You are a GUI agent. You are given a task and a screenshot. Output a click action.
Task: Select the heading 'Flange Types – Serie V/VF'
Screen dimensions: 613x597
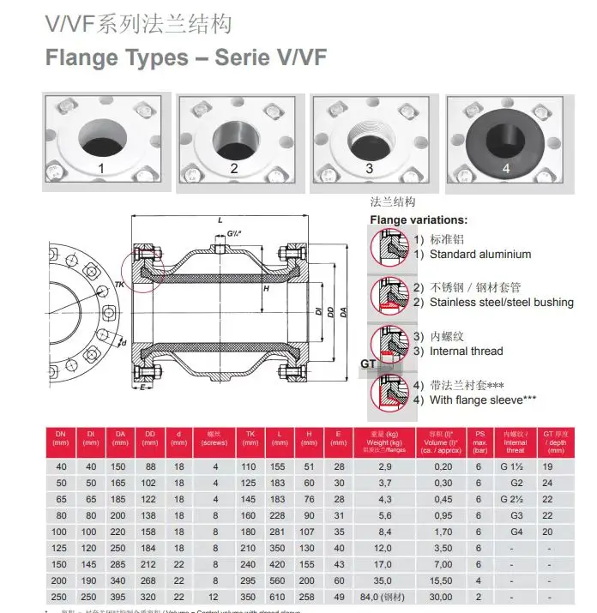point(184,58)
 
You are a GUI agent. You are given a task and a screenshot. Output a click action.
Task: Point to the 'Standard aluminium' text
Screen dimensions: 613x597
point(479,254)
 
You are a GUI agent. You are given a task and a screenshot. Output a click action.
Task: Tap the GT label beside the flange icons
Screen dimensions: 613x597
point(369,364)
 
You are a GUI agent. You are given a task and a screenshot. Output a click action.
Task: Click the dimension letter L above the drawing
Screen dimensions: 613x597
point(220,220)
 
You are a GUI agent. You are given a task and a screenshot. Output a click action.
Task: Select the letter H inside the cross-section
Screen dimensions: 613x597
point(267,289)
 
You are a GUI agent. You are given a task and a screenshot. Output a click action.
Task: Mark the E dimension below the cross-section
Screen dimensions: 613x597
point(142,387)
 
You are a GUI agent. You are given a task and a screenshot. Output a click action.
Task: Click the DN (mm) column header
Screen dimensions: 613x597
point(60,439)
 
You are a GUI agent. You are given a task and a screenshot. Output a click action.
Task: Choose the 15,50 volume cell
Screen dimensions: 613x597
point(443,580)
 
